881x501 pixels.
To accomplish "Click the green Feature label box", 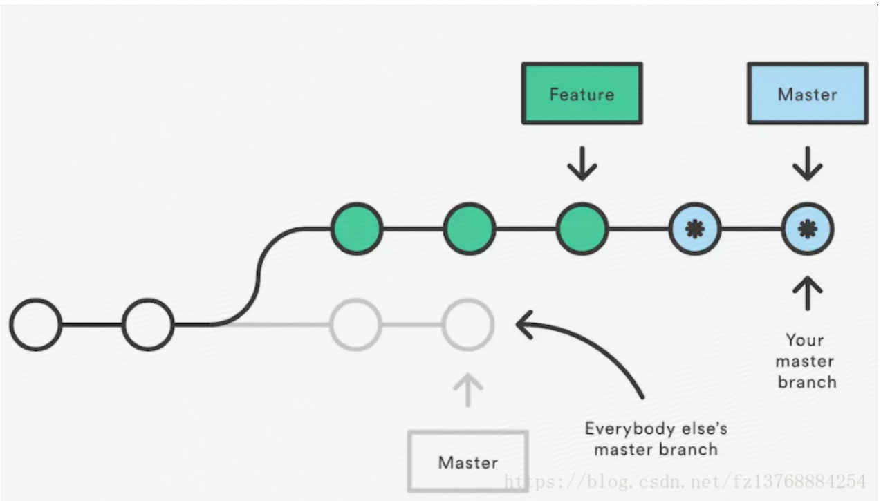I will pyautogui.click(x=582, y=94).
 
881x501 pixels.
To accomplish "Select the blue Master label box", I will pyautogui.click(x=807, y=94).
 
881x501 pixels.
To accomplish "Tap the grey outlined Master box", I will pyautogui.click(x=468, y=462).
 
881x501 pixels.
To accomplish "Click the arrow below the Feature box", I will pyautogui.click(x=582, y=163).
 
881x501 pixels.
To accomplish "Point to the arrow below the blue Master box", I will pyautogui.click(x=807, y=163).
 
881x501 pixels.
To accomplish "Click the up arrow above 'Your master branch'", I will pyautogui.click(x=807, y=294).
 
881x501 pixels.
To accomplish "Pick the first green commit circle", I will pyautogui.click(x=356, y=229).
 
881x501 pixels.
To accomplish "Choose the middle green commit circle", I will pyautogui.click(x=469, y=229).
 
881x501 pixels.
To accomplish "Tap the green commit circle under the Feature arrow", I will pyautogui.click(x=582, y=229).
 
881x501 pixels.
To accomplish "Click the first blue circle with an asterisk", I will pyautogui.click(x=694, y=229).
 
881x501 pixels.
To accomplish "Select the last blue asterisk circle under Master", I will pyautogui.click(x=807, y=229).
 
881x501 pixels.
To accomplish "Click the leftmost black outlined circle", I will pyautogui.click(x=35, y=324).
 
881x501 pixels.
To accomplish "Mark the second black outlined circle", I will pyautogui.click(x=148, y=324).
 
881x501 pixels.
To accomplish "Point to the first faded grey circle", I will pyautogui.click(x=355, y=324).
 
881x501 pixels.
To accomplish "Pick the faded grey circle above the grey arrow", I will pyautogui.click(x=468, y=324).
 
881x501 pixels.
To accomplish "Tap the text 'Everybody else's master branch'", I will pyautogui.click(x=656, y=439).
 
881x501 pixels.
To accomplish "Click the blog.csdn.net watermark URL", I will pyautogui.click(x=685, y=480).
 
